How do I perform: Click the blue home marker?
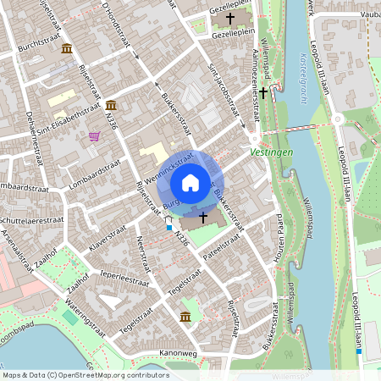pyautogui.click(x=190, y=182)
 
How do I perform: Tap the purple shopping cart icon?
pyautogui.click(x=94, y=135)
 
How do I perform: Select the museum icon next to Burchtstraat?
pyautogui.click(x=66, y=48)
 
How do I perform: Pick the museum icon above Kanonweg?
pyautogui.click(x=185, y=316)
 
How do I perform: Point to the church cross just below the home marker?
pyautogui.click(x=203, y=218)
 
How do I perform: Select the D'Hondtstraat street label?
pyautogui.click(x=118, y=25)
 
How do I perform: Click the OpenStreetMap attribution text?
pyautogui.click(x=85, y=375)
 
